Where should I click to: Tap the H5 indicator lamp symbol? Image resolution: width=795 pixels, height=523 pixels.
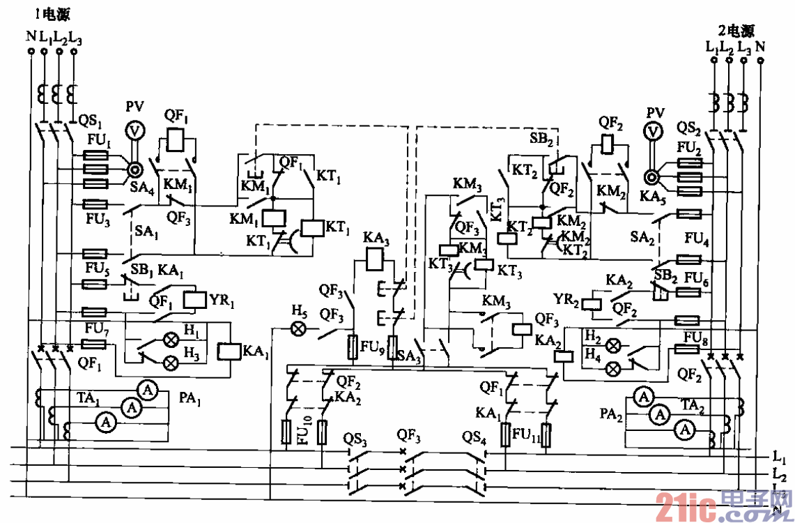(x=298, y=328)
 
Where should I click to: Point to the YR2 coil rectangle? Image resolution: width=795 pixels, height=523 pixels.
(x=594, y=303)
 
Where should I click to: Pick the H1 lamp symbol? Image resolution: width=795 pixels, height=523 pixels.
(x=169, y=340)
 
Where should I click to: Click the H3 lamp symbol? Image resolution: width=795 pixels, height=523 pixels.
(x=169, y=362)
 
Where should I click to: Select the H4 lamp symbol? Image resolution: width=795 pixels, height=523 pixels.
(x=614, y=367)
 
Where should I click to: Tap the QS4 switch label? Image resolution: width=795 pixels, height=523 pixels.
(x=474, y=439)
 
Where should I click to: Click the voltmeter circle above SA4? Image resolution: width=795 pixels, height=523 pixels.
(x=134, y=130)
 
